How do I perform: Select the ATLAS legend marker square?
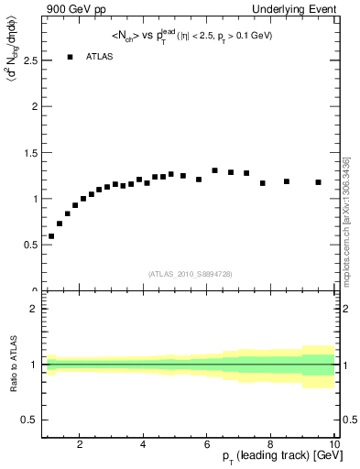[x=70, y=57]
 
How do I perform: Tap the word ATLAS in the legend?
[x=100, y=57]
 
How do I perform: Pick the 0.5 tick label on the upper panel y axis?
[x=29, y=245]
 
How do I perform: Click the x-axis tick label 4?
[x=144, y=445]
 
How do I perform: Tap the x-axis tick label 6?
[x=208, y=445]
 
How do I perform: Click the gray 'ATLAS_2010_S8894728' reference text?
[x=189, y=274]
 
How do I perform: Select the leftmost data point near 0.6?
[x=51, y=236]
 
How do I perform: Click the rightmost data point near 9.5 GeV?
[x=319, y=182]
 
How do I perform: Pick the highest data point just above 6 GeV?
[x=215, y=170]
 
